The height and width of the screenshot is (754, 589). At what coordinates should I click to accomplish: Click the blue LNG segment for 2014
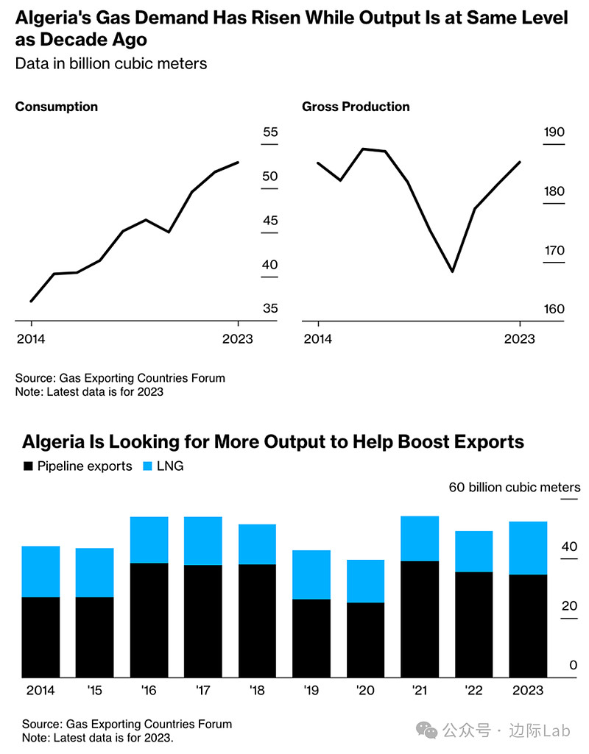pos(41,572)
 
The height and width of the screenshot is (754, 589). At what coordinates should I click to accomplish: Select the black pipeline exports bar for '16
pos(149,620)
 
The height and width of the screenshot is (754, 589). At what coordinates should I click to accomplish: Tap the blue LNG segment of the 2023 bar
pos(528,548)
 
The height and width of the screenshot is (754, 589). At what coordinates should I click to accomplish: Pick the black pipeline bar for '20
pos(365,640)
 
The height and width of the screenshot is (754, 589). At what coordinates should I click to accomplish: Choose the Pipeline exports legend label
pos(85,466)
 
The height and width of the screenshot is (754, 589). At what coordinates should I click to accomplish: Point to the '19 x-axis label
pos(311,690)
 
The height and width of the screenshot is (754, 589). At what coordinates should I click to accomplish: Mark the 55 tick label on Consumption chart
pos(270,132)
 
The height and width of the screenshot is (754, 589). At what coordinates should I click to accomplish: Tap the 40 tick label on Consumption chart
pos(270,265)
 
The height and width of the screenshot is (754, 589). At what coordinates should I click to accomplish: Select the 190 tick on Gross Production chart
pos(554,132)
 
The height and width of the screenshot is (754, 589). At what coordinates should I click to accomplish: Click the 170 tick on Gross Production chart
pos(554,251)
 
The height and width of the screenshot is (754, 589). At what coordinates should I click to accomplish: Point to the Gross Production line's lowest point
pos(452,271)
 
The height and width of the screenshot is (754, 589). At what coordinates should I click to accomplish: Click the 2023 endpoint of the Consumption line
pos(238,163)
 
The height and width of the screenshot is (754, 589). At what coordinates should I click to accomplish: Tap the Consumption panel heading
pos(57,107)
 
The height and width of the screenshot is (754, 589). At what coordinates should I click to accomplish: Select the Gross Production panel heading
pos(356,107)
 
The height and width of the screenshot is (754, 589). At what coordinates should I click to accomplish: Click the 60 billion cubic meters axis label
pos(515,487)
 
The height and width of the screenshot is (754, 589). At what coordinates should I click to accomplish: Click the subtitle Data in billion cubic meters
pos(111,63)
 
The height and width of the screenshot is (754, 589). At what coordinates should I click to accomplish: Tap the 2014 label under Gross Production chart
pos(318,338)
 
